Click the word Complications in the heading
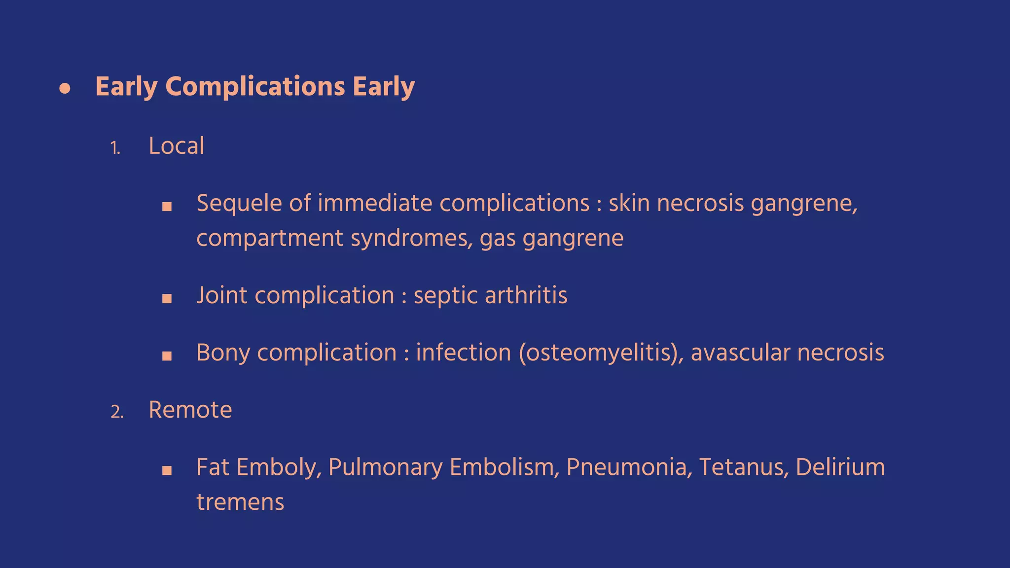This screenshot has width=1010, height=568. (x=255, y=87)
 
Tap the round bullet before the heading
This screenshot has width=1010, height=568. (x=65, y=89)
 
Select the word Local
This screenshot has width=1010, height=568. (x=176, y=146)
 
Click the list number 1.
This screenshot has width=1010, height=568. (x=115, y=148)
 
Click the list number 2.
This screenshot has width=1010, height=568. (x=117, y=412)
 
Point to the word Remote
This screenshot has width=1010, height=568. (x=190, y=410)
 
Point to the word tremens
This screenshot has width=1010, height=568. (x=240, y=502)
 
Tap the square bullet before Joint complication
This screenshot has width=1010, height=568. (x=167, y=298)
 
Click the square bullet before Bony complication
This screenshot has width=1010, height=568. (x=167, y=356)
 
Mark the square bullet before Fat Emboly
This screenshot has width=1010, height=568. (x=167, y=470)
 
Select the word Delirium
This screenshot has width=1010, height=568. (x=840, y=467)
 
